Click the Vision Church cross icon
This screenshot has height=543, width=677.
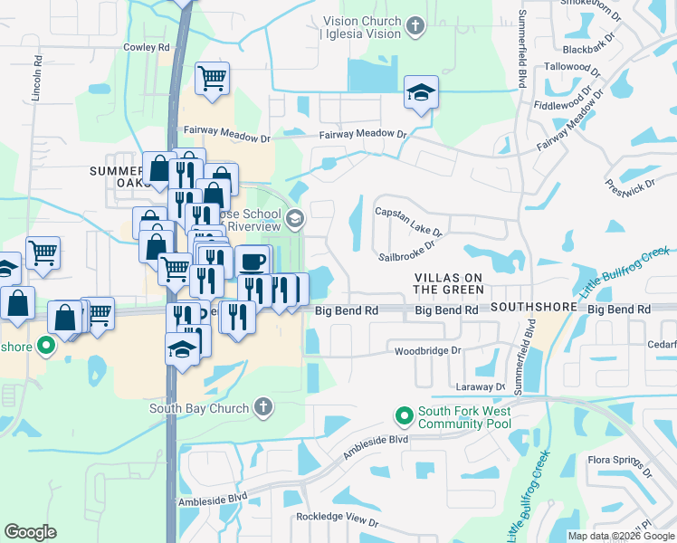[x=415, y=24]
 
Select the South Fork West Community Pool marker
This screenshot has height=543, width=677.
[x=404, y=416]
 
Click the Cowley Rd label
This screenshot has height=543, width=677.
[x=147, y=47]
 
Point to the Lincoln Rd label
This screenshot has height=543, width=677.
[x=37, y=81]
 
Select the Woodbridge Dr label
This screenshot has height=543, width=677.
[x=428, y=350]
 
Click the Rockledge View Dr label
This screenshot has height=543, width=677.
[x=336, y=519]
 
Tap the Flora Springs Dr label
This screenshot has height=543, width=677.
[x=620, y=464]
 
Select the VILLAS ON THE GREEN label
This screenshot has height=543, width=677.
[x=448, y=282]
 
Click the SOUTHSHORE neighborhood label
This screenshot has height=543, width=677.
[x=534, y=308]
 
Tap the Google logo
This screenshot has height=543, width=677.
[x=30, y=532]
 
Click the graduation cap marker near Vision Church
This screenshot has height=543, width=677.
[x=421, y=92]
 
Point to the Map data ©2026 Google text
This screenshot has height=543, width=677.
[x=621, y=536]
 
